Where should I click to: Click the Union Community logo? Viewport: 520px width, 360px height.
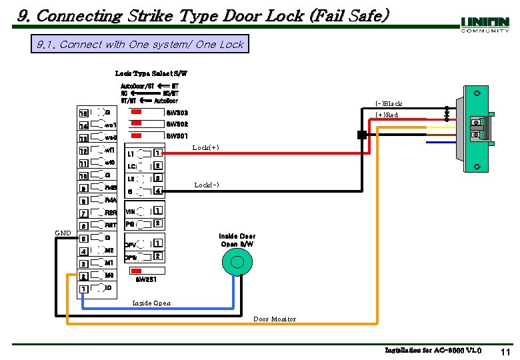(x=485, y=25)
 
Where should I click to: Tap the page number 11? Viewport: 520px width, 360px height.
(x=505, y=351)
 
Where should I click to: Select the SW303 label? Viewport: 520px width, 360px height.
(x=177, y=112)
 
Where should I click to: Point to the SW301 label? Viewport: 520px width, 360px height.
(x=177, y=136)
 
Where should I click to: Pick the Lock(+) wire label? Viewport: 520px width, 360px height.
(x=205, y=147)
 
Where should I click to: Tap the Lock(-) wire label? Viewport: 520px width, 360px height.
(x=206, y=185)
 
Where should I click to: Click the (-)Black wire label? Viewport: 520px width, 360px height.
(x=388, y=103)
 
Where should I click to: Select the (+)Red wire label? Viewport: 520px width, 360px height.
(x=387, y=115)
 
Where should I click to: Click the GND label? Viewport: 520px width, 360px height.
(x=63, y=233)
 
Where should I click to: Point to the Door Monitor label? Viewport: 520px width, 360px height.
(x=275, y=319)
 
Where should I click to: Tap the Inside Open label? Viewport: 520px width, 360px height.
(x=151, y=303)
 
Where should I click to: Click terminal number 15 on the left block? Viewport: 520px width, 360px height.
(x=83, y=113)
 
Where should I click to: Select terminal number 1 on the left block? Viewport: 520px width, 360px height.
(x=83, y=289)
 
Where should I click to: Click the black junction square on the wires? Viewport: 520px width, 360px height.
(x=361, y=135)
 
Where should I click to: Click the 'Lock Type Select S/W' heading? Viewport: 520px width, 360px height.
(x=151, y=73)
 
